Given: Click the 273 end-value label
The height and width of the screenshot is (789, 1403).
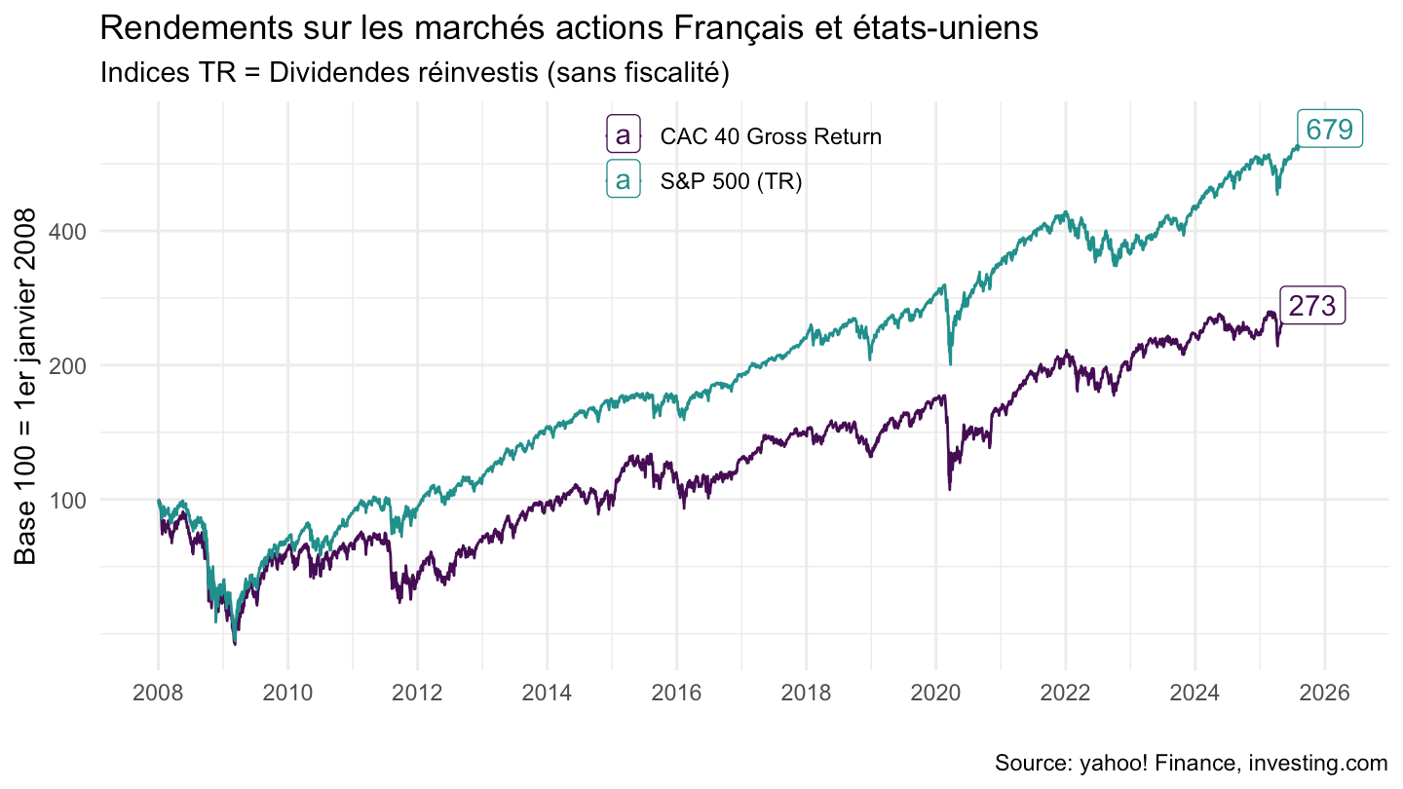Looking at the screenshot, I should pos(1312,306).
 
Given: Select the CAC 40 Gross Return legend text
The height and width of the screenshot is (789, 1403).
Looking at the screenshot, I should pos(770,137).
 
